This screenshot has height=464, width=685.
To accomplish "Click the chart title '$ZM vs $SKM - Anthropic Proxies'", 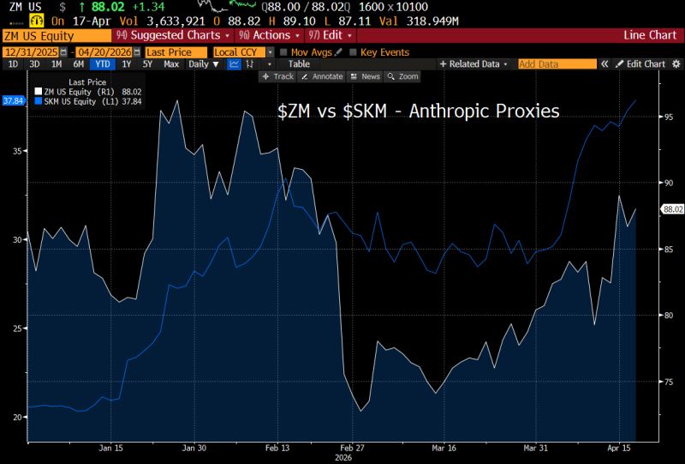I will click(418, 111).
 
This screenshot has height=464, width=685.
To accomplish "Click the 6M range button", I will click(78, 64).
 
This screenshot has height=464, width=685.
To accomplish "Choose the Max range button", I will click(171, 64).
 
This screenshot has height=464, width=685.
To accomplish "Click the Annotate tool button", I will click(323, 76).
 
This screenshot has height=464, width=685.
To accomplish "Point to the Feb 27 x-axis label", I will click(354, 448).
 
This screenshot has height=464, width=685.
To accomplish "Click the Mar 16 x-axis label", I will click(444, 448).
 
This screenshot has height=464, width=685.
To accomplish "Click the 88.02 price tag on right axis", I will click(671, 208).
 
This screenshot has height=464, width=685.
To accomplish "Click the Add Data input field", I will click(557, 64).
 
